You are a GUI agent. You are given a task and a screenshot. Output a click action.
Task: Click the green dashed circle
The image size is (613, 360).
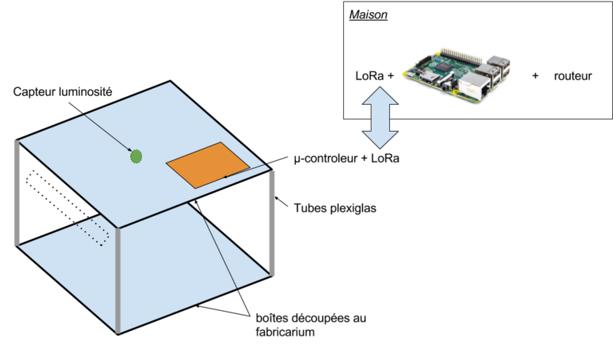[x=136, y=156]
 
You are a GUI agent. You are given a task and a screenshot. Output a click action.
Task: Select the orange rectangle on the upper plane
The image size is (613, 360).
[x=207, y=164]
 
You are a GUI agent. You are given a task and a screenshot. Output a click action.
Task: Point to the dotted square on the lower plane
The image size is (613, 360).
[x=94, y=231]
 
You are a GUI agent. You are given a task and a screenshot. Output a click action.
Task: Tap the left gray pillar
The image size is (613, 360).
[x=17, y=193]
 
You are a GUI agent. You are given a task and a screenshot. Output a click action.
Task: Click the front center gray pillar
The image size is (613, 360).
[x=118, y=280]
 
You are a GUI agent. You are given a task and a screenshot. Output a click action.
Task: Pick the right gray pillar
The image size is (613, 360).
[x=271, y=222]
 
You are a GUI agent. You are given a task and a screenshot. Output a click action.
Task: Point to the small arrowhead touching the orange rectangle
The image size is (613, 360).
[x=225, y=176]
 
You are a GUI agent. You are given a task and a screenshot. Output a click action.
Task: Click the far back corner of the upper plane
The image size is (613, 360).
[x=169, y=83]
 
